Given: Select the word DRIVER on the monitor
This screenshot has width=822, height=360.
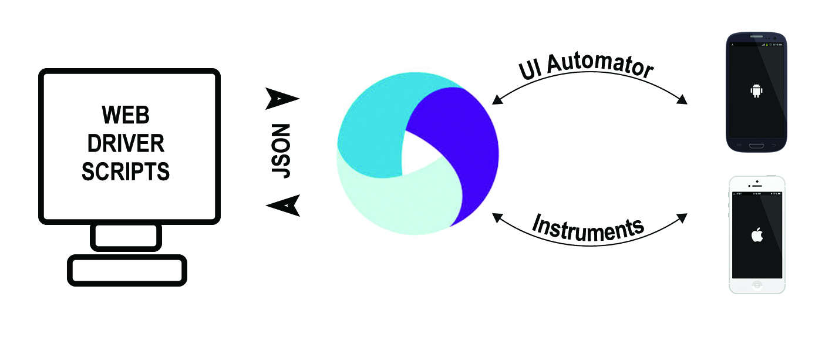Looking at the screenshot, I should [126, 143].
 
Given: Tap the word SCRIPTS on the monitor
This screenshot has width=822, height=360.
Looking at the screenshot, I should [126, 171].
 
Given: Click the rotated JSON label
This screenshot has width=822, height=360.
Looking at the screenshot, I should [282, 151].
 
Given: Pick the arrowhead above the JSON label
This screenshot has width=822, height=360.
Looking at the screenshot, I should [282, 99].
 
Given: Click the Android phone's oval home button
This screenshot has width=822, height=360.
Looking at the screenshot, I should [756, 145].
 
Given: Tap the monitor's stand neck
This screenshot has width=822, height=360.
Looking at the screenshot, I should [126, 237].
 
